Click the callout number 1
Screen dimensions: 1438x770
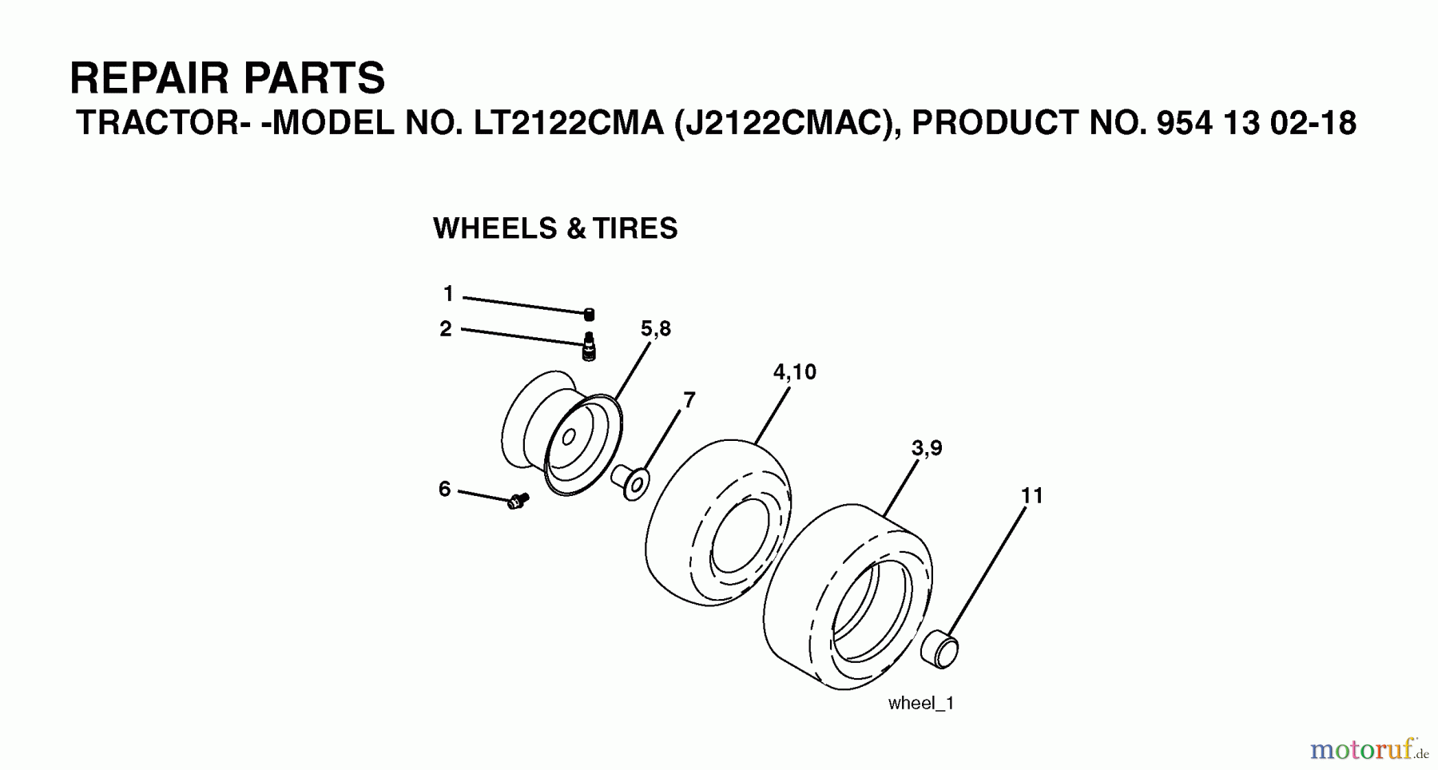click(x=448, y=294)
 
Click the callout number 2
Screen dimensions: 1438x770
click(x=446, y=328)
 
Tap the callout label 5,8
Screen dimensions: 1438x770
click(x=656, y=328)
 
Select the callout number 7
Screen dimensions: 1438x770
click(x=689, y=399)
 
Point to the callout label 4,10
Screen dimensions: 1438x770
click(x=795, y=371)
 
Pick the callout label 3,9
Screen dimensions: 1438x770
click(x=927, y=448)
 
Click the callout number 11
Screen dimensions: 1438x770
click(x=1032, y=495)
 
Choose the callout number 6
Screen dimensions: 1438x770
click(x=445, y=488)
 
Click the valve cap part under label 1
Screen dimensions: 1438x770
click(x=589, y=314)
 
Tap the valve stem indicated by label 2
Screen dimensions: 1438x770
click(x=589, y=347)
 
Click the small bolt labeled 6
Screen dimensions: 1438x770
click(x=518, y=501)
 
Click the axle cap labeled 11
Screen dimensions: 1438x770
click(x=939, y=648)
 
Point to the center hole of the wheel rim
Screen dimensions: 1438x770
click(x=569, y=438)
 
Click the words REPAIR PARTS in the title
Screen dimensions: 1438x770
click(x=228, y=78)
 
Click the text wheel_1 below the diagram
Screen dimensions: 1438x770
click(x=921, y=703)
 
